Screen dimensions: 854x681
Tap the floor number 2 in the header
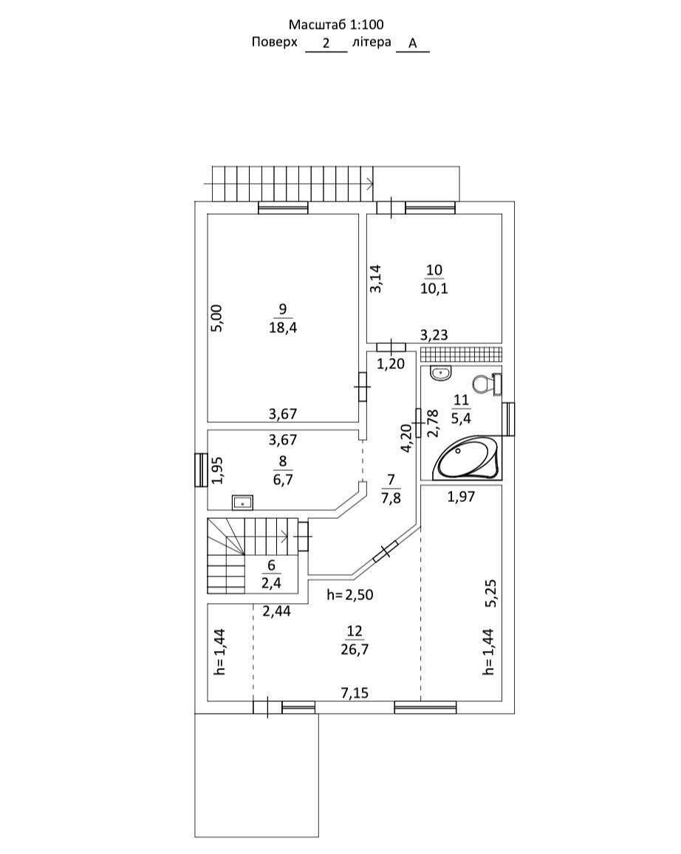pyautogui.click(x=326, y=44)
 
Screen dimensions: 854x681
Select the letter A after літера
pyautogui.click(x=413, y=44)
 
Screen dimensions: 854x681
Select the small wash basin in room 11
pyautogui.click(x=440, y=373)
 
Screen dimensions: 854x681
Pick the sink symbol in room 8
pyautogui.click(x=242, y=503)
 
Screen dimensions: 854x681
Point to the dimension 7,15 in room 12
pyautogui.click(x=355, y=692)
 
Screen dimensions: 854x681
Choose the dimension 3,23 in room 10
pyautogui.click(x=434, y=335)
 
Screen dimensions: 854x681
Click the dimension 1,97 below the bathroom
pyautogui.click(x=461, y=497)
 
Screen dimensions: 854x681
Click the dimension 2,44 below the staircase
pyautogui.click(x=276, y=610)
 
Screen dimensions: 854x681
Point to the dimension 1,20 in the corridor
pyautogui.click(x=391, y=363)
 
